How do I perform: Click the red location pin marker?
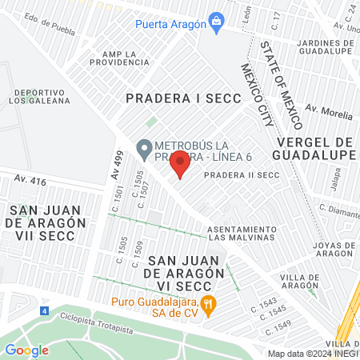(180, 163)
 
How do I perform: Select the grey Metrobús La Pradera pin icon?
(144, 147)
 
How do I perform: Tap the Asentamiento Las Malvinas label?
(241, 233)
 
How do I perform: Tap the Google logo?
(26, 350)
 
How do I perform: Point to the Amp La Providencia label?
(119, 58)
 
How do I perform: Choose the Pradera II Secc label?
(251, 174)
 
